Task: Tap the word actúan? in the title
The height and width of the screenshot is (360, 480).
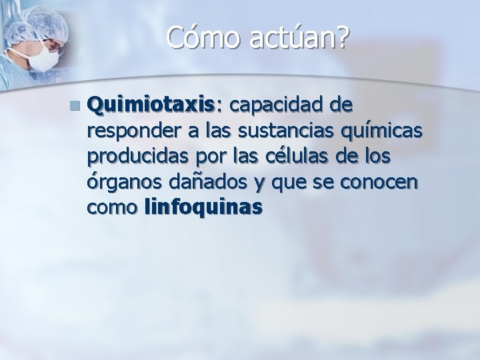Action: pyautogui.click(x=297, y=39)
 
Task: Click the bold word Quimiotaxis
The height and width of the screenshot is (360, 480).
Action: pyautogui.click(x=151, y=105)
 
